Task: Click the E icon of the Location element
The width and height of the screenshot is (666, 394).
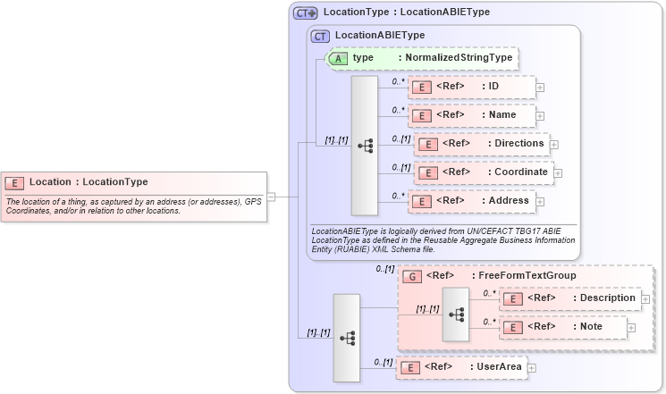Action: (x=15, y=182)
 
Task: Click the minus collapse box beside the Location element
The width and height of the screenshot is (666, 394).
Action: (x=271, y=197)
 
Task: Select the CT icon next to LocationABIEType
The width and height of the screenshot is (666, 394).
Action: (x=320, y=36)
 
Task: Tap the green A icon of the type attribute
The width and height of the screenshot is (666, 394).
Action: (x=338, y=58)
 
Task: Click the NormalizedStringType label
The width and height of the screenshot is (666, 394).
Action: (x=456, y=58)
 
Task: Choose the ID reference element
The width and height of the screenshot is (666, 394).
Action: (x=471, y=87)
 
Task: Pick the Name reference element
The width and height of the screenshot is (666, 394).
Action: (x=471, y=115)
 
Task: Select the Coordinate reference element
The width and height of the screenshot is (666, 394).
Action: (x=482, y=172)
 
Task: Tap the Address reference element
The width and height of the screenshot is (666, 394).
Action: (x=471, y=201)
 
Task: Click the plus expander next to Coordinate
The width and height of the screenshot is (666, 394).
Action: (x=558, y=172)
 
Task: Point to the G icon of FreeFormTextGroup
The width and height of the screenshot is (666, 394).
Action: (x=412, y=277)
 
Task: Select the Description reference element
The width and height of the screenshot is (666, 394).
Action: (x=569, y=298)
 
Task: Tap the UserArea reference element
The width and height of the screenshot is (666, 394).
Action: (x=460, y=366)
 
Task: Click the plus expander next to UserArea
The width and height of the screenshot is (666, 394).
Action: (x=531, y=366)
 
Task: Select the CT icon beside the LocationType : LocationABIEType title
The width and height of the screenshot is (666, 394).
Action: (x=306, y=13)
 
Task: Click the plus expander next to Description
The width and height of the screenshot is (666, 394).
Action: (x=645, y=298)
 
